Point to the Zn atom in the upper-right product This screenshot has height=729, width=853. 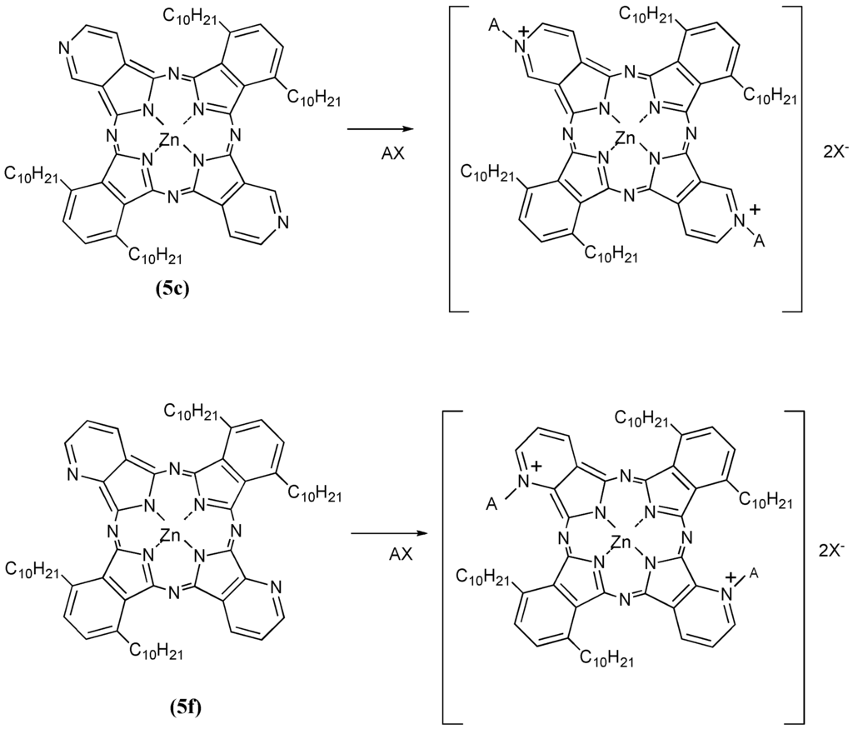tap(626, 137)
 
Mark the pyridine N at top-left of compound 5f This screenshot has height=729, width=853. tap(70, 476)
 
